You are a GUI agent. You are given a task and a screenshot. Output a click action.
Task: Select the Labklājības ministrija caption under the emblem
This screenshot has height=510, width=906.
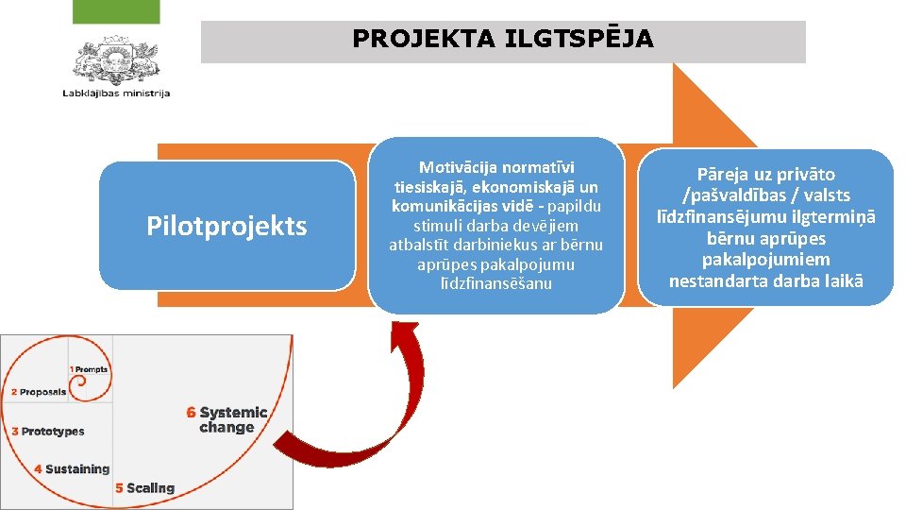pos(116,93)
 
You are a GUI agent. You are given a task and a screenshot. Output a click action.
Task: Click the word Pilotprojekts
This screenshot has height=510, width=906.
pos(226,227)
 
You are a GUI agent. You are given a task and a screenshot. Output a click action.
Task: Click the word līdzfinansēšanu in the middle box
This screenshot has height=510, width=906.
pos(495,283)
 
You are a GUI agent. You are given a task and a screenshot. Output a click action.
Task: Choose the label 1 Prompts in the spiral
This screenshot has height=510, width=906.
pos(89,369)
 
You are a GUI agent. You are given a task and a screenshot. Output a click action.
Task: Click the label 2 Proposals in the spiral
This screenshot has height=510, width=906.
pos(39,392)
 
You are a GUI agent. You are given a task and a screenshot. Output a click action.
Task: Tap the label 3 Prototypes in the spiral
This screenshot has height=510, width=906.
pos(48,432)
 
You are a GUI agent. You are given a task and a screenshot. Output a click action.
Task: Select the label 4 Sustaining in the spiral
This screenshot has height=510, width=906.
pos(72,468)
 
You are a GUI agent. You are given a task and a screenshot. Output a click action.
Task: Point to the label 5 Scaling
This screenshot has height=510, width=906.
pos(144,488)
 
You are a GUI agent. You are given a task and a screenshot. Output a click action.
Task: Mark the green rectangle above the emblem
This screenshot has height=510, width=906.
pos(116,11)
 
